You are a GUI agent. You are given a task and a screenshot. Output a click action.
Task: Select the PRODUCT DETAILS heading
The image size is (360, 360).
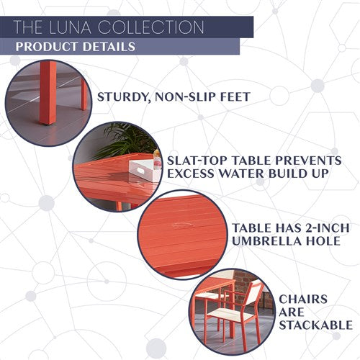tap(75, 48)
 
